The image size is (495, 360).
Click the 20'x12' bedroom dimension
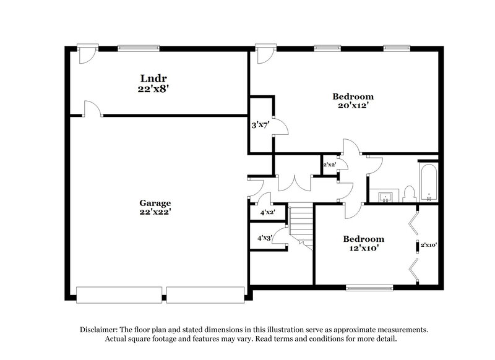[353, 106]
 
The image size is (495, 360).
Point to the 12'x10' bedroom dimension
[364, 249]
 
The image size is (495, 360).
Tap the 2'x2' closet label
[329, 165]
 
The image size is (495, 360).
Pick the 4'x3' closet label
[265, 238]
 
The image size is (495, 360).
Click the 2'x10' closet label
[429, 245]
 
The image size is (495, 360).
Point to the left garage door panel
[119, 295]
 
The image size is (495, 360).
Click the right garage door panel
[205, 295]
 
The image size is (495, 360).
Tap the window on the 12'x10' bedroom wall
[369, 287]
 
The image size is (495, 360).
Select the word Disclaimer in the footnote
[100, 330]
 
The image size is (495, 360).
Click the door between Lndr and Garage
[92, 109]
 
